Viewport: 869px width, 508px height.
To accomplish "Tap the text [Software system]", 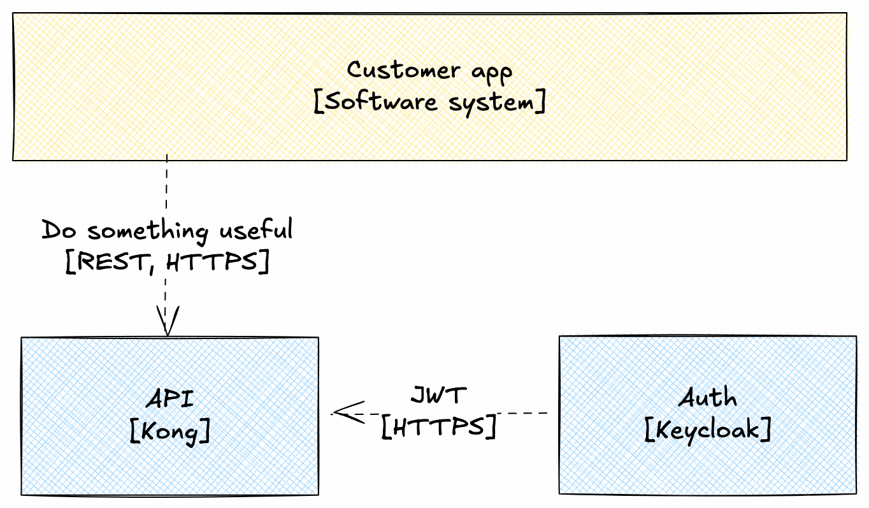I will (429, 102).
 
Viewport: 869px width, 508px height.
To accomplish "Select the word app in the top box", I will (491, 72).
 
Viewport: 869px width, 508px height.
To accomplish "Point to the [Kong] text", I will (169, 432).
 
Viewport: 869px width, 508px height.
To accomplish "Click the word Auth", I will (707, 398).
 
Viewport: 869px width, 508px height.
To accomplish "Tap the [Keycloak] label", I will (707, 430).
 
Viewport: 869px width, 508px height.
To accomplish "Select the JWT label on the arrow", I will (438, 395).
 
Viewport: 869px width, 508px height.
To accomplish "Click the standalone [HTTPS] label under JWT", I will (438, 427).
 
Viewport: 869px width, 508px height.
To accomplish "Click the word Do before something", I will (59, 229).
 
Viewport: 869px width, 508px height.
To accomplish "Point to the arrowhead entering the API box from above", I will (167, 323).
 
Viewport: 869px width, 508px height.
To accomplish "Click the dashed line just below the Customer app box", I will (167, 185).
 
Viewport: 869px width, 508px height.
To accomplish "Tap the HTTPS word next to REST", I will (216, 263).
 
